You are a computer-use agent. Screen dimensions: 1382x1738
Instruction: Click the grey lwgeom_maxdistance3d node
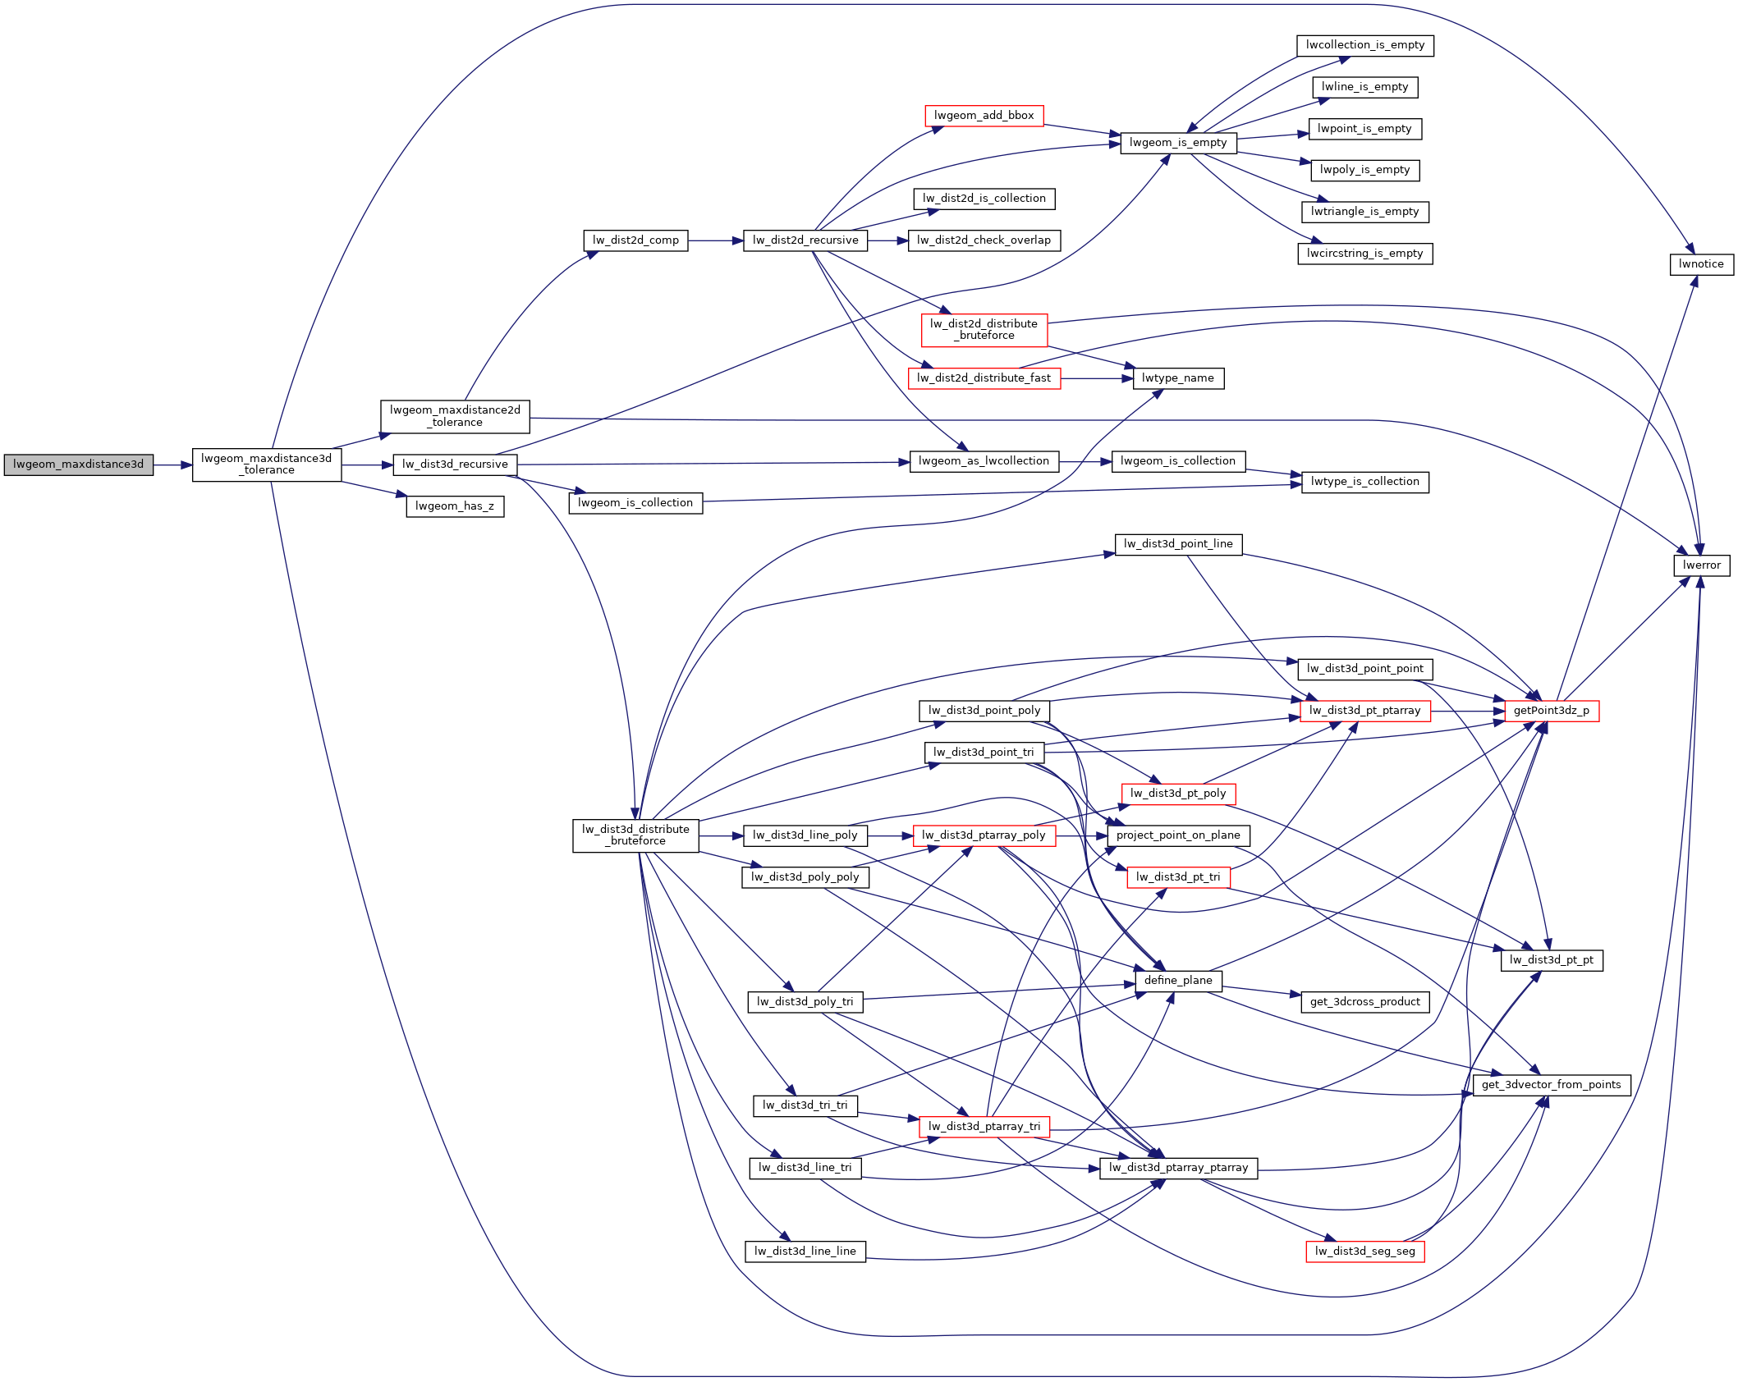[x=78, y=464]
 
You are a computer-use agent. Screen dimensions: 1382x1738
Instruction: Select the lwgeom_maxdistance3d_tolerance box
[x=266, y=464]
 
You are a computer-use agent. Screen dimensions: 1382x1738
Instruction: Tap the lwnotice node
[x=1701, y=264]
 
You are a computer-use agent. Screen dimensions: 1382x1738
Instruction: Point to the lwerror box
[x=1701, y=565]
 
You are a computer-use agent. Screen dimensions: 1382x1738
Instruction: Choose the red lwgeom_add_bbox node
[x=984, y=116]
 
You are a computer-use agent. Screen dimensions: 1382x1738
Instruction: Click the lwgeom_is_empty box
[x=1177, y=143]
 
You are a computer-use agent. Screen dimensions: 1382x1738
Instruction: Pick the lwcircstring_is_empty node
[x=1364, y=254]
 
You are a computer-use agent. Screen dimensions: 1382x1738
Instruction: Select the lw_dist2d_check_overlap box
[x=984, y=240]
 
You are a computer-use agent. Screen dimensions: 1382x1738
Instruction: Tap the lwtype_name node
[x=1177, y=378]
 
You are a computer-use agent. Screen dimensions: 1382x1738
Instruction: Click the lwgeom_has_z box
[x=455, y=506]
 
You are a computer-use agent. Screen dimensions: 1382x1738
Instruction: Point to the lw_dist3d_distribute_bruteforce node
[x=635, y=835]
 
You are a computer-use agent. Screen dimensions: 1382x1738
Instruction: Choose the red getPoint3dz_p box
[x=1551, y=711]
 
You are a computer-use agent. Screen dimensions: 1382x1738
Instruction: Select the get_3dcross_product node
[x=1364, y=1002]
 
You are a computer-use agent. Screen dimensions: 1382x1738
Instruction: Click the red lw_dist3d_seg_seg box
[x=1364, y=1252]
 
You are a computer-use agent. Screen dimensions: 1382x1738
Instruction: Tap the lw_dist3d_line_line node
[x=805, y=1252]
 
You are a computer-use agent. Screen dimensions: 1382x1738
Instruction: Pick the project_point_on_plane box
[x=1177, y=835]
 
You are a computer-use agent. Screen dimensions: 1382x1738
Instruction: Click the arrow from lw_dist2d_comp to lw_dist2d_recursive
[x=715, y=240]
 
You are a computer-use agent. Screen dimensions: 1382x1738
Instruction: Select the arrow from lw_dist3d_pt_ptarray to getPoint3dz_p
[x=1467, y=711]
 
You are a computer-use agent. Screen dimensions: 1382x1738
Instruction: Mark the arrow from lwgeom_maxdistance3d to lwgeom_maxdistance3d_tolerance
[x=172, y=465]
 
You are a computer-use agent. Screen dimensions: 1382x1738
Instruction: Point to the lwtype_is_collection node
[x=1364, y=482]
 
